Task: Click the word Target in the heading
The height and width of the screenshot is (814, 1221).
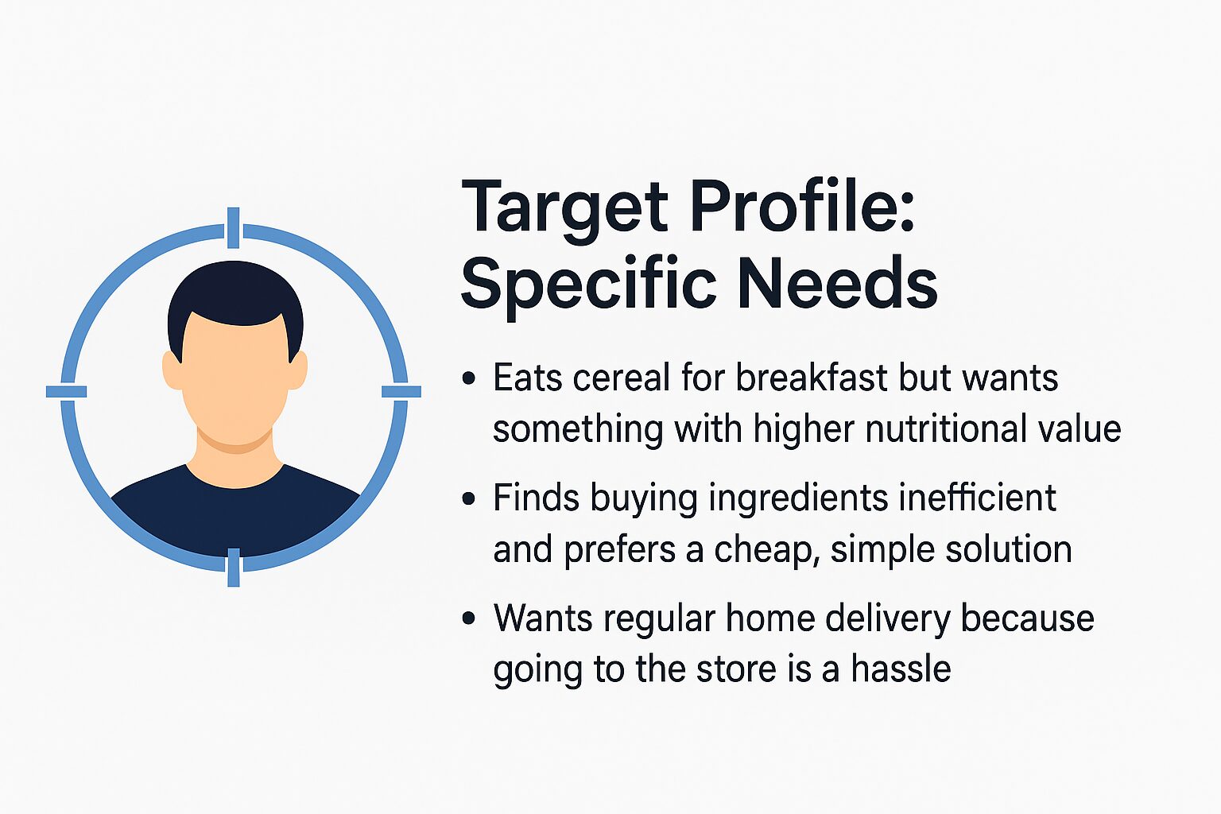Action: tap(564, 211)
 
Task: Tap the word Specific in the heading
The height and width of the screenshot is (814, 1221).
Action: tap(588, 287)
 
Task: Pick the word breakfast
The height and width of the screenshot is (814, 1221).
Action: tap(812, 376)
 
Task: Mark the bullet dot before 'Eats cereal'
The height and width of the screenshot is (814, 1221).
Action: tap(469, 378)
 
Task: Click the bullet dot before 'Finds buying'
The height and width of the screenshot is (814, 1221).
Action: tap(469, 499)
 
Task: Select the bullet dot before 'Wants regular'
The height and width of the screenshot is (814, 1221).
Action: tap(469, 618)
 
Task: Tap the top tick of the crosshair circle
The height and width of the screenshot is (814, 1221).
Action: tap(233, 228)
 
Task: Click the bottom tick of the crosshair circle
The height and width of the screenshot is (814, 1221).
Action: tap(233, 568)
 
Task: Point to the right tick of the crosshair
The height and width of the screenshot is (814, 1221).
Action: tap(401, 391)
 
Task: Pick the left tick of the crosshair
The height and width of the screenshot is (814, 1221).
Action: tap(67, 391)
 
